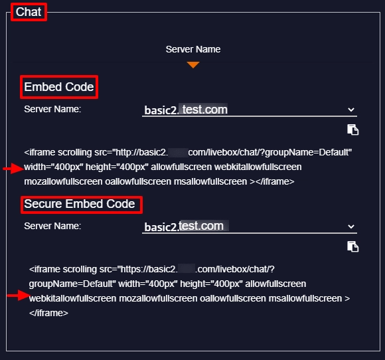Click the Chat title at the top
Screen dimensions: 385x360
click(x=29, y=12)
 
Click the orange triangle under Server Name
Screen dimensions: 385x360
click(x=193, y=65)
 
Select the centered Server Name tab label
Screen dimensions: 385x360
click(x=193, y=49)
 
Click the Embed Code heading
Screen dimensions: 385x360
click(x=59, y=87)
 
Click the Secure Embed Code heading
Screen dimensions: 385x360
click(x=80, y=204)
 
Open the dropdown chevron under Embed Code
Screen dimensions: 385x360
click(x=351, y=110)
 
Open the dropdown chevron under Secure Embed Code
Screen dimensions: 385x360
click(x=351, y=226)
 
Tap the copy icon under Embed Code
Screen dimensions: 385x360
click(x=353, y=130)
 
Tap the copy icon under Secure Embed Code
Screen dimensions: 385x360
click(x=353, y=246)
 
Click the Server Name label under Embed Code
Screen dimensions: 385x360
click(x=52, y=109)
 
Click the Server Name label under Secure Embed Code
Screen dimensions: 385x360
click(x=52, y=226)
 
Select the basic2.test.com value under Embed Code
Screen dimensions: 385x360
click(x=186, y=110)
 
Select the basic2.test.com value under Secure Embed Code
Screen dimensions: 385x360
click(x=184, y=226)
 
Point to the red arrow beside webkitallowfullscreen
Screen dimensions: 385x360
click(x=18, y=296)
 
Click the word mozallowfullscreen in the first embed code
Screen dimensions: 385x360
click(x=63, y=181)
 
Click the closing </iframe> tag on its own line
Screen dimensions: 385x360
click(x=48, y=313)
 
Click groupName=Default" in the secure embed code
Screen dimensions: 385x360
click(x=72, y=284)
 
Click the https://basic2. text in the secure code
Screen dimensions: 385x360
click(x=147, y=269)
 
